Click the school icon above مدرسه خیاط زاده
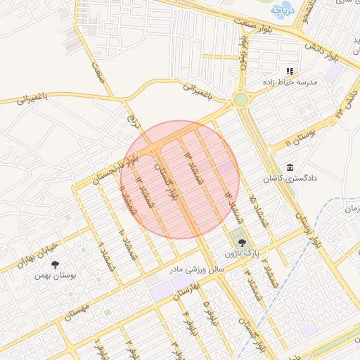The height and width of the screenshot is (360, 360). coord(288,71)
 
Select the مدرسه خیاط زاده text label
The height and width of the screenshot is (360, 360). coord(309,82)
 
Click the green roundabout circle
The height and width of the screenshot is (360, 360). coord(241,100)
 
